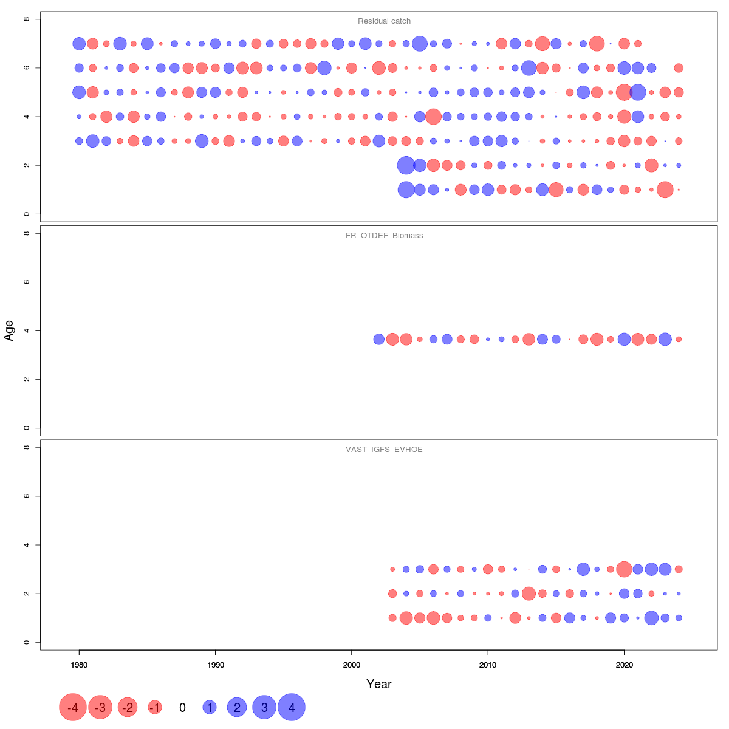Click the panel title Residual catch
384,21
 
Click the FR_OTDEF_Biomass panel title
384,236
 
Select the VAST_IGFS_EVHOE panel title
384,450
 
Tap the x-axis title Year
379,684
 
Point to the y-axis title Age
9,330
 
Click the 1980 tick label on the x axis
79,665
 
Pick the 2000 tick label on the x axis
352,665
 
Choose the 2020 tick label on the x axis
624,665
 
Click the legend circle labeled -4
73,707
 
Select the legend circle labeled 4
292,707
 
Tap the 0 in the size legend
182,708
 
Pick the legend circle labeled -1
155,707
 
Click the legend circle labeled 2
237,707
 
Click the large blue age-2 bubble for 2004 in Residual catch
406,165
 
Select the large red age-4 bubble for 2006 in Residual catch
433,117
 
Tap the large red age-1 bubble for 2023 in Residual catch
665,190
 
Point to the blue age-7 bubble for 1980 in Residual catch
79,44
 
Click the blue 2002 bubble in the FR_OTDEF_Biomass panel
378,339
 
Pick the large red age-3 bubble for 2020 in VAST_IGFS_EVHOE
624,569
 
